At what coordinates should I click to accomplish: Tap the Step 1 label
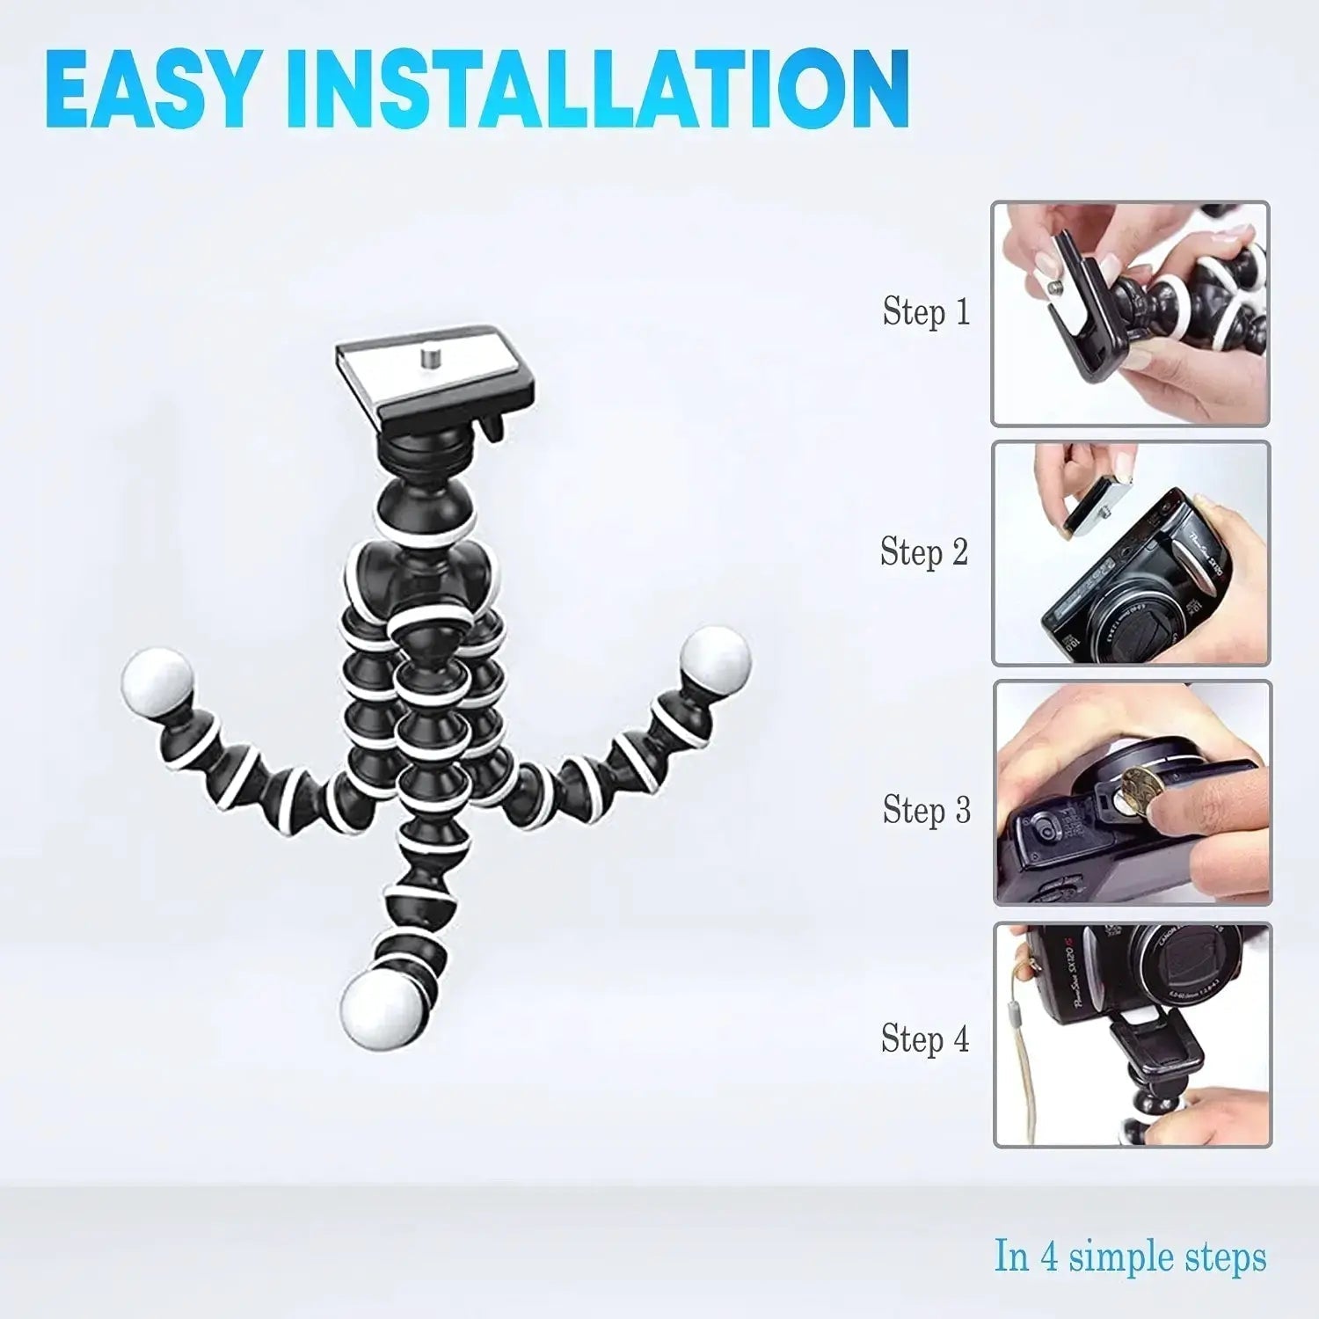[926, 311]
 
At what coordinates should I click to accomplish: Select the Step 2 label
[924, 551]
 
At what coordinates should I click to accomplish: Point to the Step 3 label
[927, 809]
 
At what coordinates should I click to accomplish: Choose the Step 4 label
[925, 1038]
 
